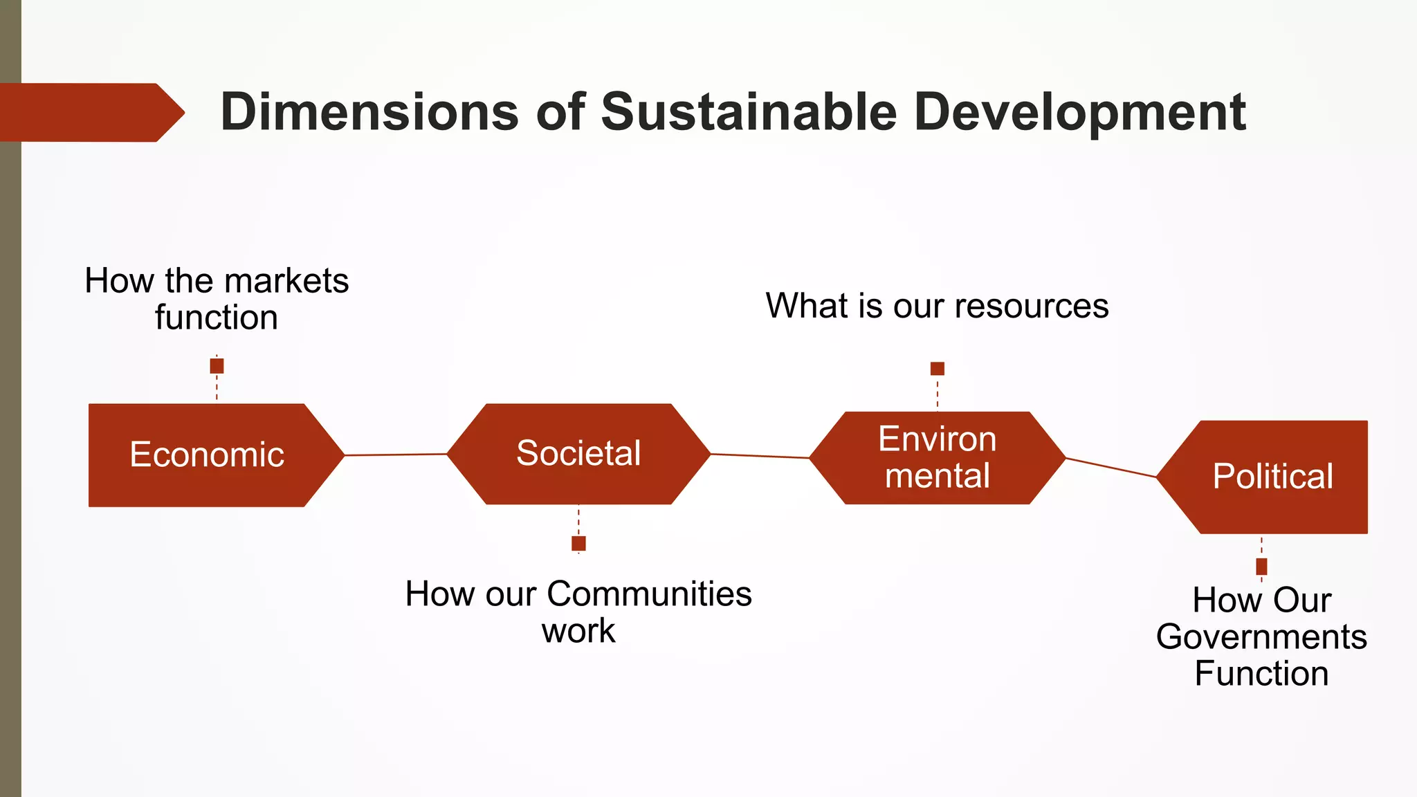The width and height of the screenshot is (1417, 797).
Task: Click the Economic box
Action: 208,455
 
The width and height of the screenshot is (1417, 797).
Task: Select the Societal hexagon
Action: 578,454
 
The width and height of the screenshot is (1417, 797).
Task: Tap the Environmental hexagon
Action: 937,458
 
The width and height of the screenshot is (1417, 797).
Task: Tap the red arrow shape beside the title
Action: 90,113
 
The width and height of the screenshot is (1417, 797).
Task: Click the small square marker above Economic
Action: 217,365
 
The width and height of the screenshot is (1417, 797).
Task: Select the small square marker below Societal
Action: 578,543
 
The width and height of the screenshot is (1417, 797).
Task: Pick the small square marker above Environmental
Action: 937,368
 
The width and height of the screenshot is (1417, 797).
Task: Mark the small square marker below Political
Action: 1261,567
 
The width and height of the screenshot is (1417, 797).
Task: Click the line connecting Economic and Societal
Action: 396,455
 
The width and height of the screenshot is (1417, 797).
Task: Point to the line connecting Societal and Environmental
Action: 760,456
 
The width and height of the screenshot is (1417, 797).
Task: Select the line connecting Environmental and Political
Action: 1110,467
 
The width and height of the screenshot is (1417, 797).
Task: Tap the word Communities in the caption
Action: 649,594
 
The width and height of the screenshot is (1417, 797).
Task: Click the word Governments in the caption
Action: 1261,637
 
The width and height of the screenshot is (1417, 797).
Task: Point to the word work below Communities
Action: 578,631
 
